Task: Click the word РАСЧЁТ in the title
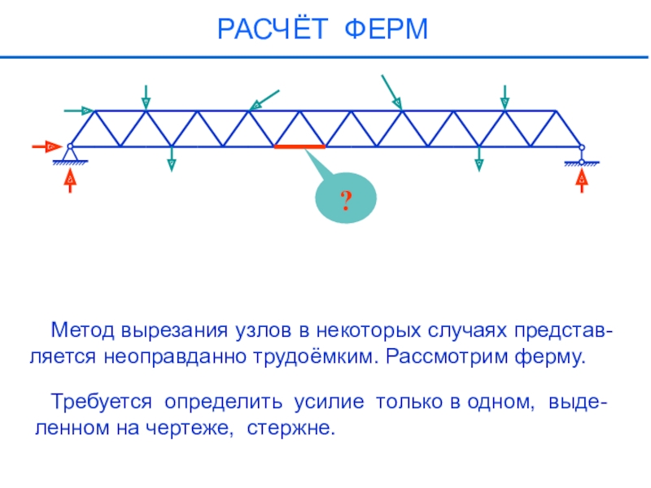point(271,30)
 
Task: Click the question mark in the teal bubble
point(346,201)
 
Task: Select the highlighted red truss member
point(299,146)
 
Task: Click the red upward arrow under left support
point(71,179)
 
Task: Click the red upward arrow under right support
point(581,179)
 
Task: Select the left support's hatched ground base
point(71,163)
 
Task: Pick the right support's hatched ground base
point(581,163)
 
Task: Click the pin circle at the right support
point(581,147)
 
